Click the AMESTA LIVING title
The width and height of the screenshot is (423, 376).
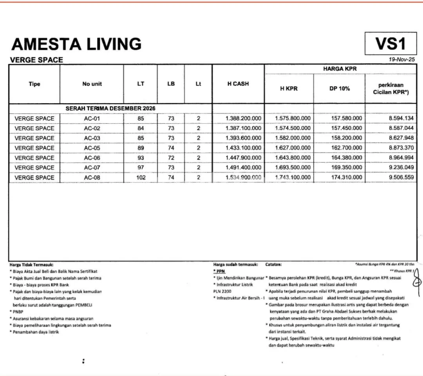(x=76, y=44)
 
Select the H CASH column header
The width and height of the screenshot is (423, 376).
(x=238, y=84)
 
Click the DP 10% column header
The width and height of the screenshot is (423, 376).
(x=339, y=89)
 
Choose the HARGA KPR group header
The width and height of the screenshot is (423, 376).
(x=340, y=69)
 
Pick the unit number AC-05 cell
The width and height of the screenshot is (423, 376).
(x=92, y=148)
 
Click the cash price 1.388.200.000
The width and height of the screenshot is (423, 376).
(x=243, y=119)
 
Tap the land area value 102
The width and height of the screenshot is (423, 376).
(x=141, y=177)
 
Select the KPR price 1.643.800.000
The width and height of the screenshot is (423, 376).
(x=293, y=158)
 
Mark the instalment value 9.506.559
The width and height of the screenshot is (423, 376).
(x=401, y=177)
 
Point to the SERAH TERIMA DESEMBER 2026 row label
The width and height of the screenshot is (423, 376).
(x=111, y=109)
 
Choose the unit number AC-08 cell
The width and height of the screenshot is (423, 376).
(x=92, y=177)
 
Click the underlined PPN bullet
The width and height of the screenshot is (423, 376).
(x=220, y=271)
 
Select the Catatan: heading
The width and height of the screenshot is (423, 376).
(x=273, y=265)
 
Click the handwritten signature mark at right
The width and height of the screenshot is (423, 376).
(x=417, y=281)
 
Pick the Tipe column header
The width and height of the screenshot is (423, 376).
(x=34, y=84)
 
